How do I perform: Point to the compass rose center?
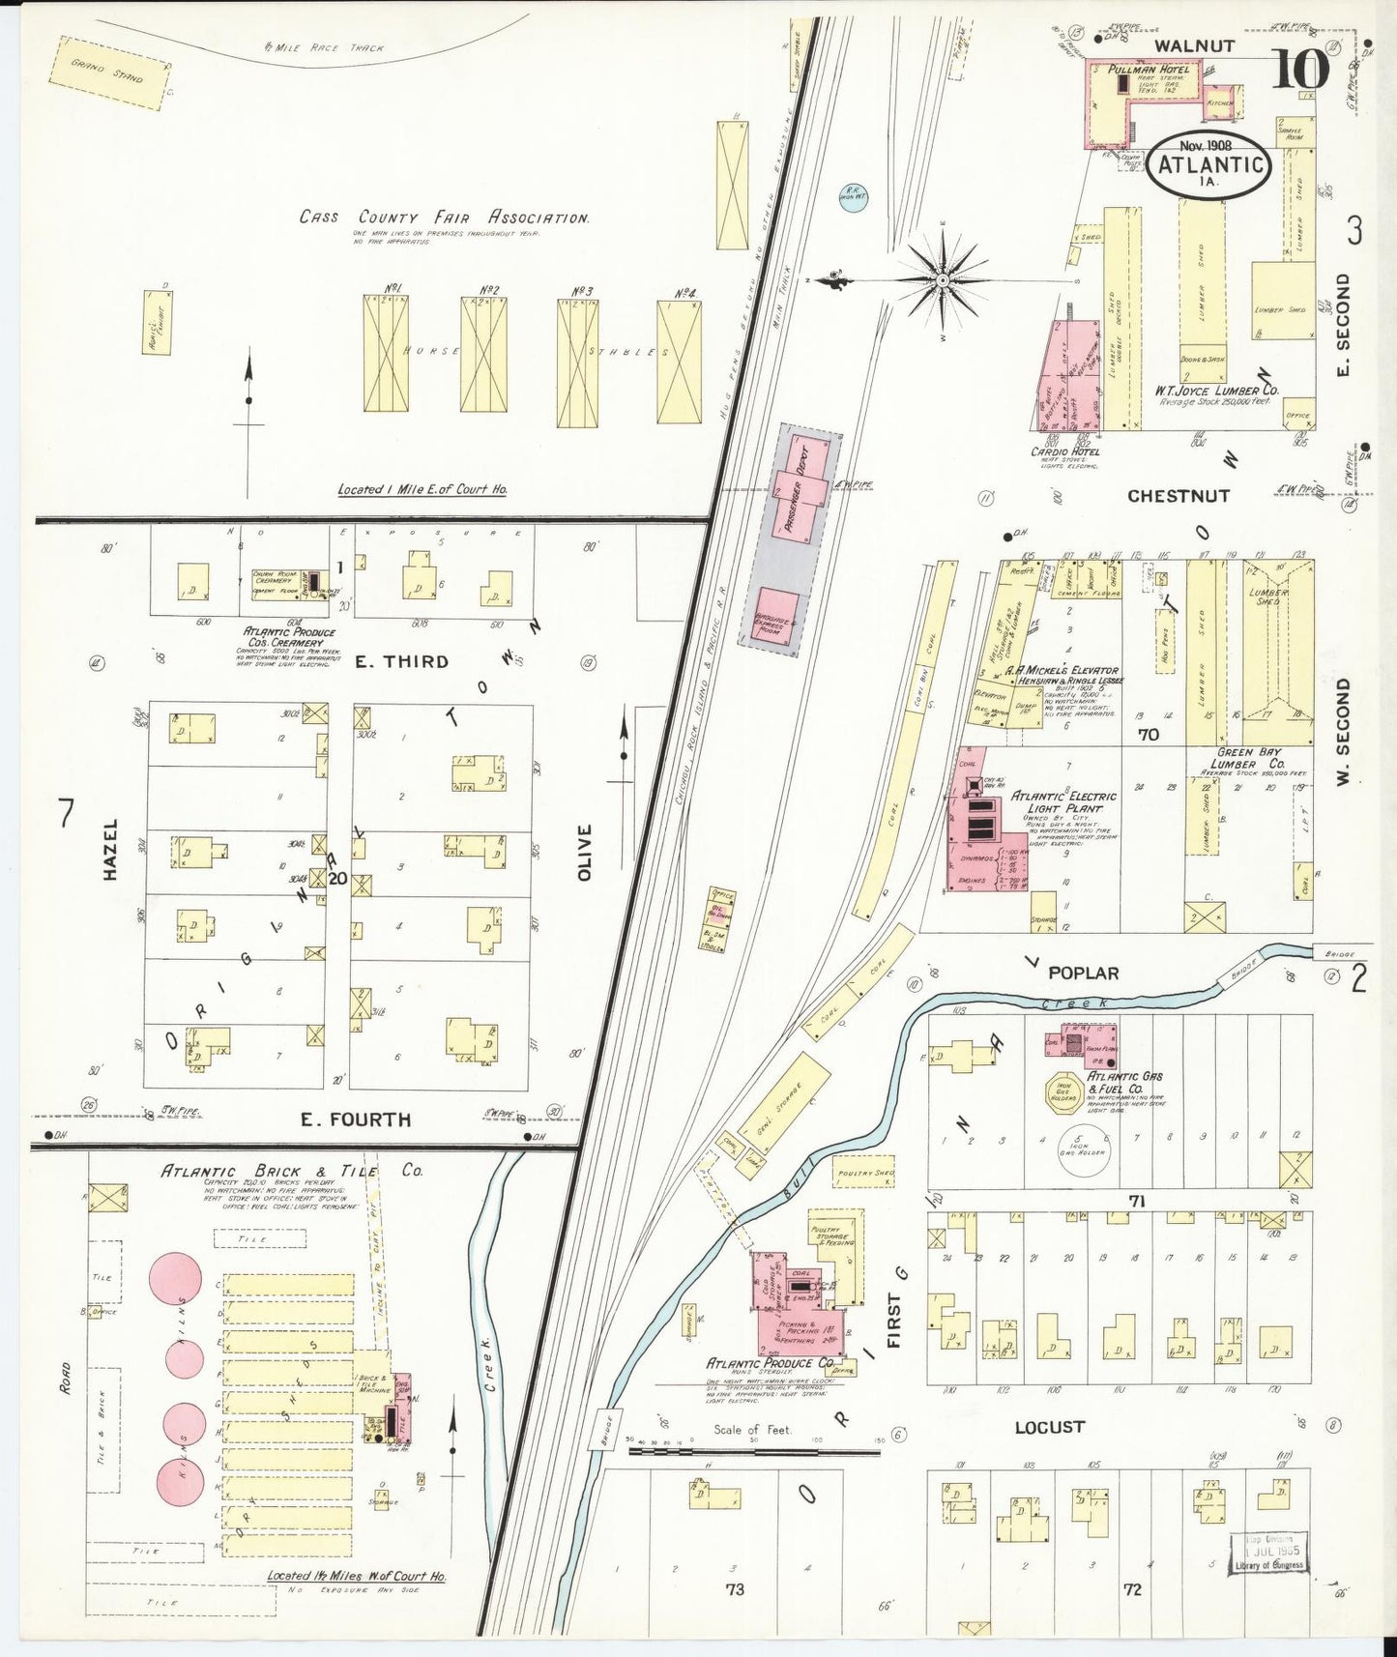tap(942, 280)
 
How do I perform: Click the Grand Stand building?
tap(106, 73)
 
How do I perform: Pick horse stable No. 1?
tap(386, 353)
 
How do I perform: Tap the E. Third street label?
tap(401, 661)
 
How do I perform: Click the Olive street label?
tap(583, 853)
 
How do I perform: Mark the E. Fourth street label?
tap(355, 1119)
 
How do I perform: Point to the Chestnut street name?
tap(1178, 496)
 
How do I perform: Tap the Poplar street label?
tap(1083, 973)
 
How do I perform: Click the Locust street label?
tap(1049, 1426)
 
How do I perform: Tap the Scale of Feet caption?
tap(751, 1430)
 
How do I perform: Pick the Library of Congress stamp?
tap(1268, 1552)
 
